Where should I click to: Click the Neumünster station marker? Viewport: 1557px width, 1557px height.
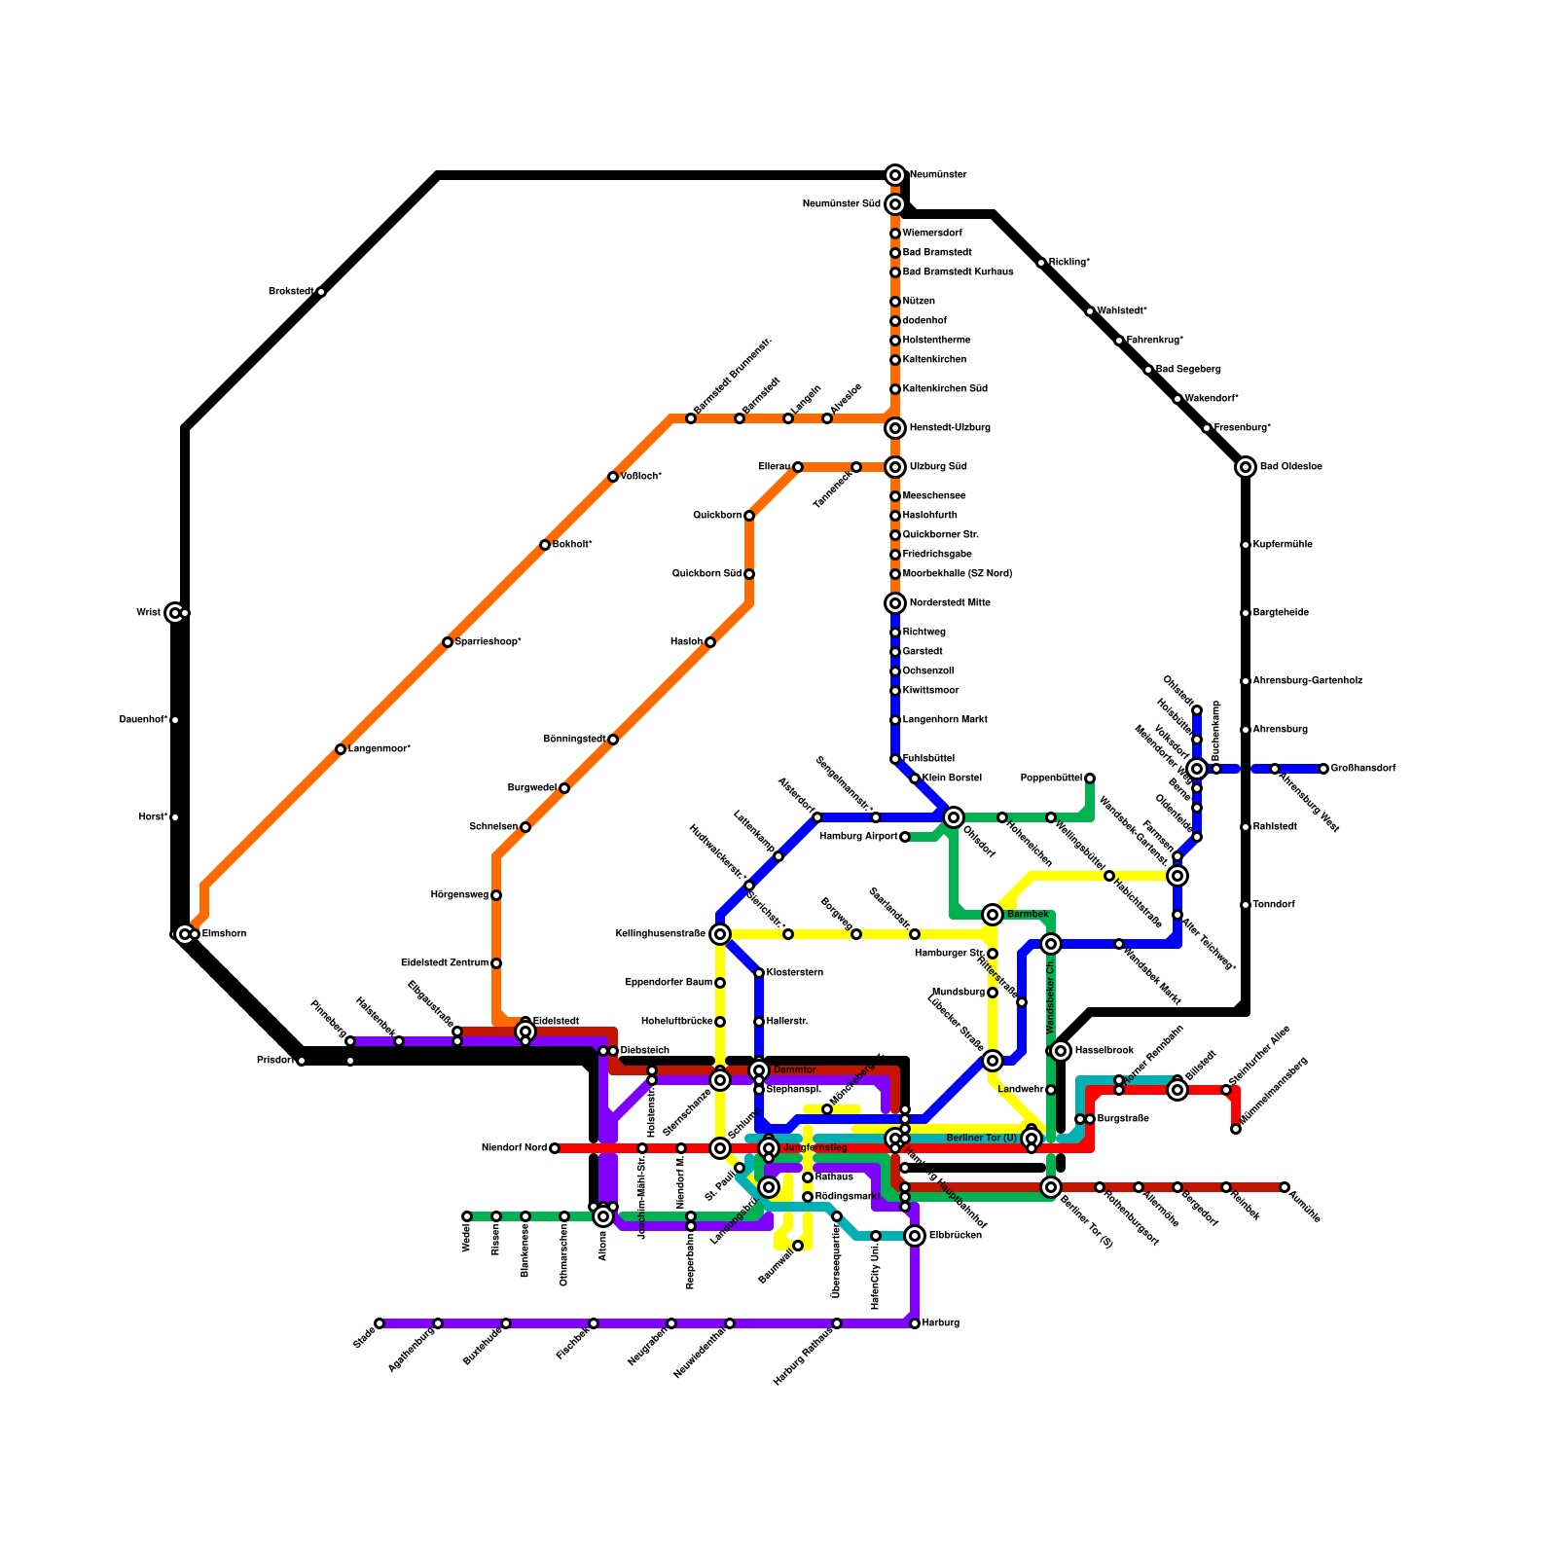pos(895,175)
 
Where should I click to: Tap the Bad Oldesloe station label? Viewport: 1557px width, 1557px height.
pos(1290,467)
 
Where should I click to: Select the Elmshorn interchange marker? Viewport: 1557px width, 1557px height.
pos(185,934)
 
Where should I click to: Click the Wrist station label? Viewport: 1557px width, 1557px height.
pos(148,613)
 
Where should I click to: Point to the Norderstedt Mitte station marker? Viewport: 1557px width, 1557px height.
pos(895,603)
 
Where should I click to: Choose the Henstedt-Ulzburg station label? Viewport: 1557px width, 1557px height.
pos(950,428)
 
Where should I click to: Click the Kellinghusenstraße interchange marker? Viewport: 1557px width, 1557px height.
pos(720,934)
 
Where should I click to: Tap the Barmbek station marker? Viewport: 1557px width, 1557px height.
pos(993,915)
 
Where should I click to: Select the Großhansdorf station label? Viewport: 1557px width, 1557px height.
pos(1362,769)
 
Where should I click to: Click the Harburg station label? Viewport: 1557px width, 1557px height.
pos(941,1323)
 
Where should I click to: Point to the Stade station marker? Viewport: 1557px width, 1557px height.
pos(380,1323)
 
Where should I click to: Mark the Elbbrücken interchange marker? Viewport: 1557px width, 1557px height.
pos(915,1236)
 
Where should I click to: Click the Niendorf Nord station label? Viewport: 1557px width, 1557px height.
pos(514,1148)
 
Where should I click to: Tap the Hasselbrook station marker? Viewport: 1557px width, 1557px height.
pos(1061,1051)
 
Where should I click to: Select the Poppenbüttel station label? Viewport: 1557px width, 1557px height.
pos(1051,778)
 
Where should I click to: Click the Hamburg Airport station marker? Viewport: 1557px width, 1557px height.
pos(905,837)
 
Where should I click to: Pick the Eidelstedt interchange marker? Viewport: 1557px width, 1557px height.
pos(525,1032)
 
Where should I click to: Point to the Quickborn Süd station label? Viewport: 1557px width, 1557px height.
pos(706,574)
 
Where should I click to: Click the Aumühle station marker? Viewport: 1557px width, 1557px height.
pos(1285,1187)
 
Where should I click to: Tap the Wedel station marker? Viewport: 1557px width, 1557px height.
pos(467,1216)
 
